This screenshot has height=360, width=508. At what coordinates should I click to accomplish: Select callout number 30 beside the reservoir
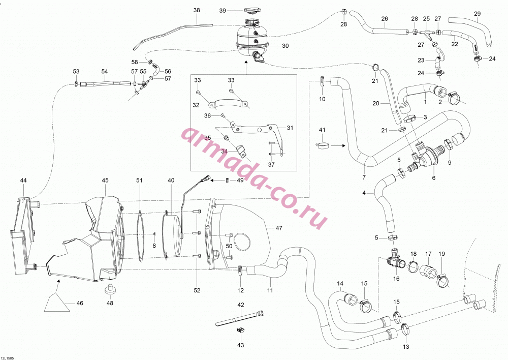285,46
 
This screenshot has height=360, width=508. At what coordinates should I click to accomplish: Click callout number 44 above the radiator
23,181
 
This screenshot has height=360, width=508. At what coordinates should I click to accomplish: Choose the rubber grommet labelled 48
110,289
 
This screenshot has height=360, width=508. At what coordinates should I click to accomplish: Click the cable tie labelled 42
240,318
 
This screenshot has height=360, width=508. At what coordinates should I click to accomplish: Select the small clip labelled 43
240,331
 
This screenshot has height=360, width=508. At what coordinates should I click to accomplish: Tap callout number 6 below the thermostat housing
433,177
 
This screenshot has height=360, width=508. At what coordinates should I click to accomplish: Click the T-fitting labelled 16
395,259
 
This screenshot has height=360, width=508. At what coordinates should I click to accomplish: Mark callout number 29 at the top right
477,14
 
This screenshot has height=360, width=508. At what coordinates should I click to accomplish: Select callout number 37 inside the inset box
271,164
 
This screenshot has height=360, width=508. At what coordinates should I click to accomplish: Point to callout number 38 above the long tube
197,10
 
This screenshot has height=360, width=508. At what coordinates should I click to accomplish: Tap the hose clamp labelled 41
323,145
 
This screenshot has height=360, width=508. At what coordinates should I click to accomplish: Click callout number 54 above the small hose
104,71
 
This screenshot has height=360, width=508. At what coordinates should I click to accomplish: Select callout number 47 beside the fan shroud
279,228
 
